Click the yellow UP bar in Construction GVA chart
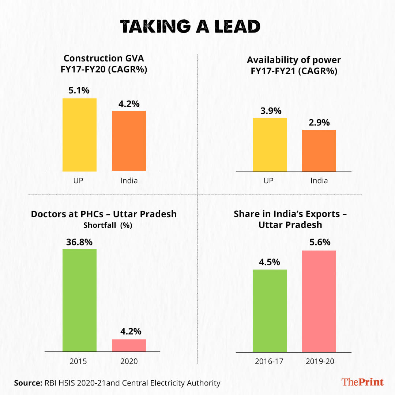(79, 135)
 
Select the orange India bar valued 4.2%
(129, 141)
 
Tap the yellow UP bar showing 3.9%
(270, 144)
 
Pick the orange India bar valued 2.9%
(319, 151)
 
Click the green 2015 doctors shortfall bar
(79, 300)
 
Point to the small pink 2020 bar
(129, 346)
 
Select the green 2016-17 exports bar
(270, 311)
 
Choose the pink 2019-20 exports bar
(319, 301)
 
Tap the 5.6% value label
(319, 242)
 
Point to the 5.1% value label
(79, 91)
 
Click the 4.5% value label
(270, 262)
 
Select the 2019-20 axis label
(319, 361)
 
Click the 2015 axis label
(78, 361)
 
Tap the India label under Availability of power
(319, 181)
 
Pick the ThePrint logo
(362, 382)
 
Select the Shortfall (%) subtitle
(108, 226)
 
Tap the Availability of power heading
(294, 60)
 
